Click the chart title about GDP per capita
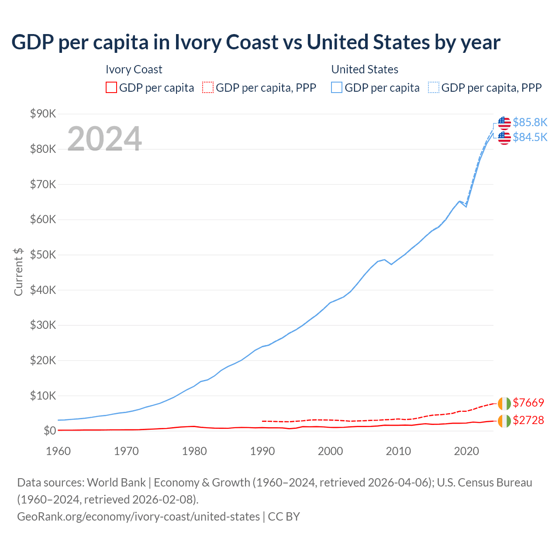pos(256,42)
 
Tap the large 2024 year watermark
pos(104,139)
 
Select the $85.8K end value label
pos(530,122)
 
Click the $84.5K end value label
pos(530,137)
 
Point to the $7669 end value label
pos(528,403)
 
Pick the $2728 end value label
pos(528,420)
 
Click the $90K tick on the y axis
pos(43,114)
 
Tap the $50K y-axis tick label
pos(43,255)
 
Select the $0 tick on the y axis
pos(49,431)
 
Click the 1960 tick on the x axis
pos(58,451)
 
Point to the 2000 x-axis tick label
pos(330,451)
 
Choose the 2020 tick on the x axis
pos(466,451)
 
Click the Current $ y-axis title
pos(18,272)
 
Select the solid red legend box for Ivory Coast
pos(111,88)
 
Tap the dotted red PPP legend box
pos(208,88)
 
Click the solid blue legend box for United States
pos(337,88)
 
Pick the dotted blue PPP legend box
pos(434,88)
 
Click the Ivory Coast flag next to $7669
pos(504,403)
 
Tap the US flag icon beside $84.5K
pos(504,138)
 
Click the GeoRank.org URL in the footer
pos(138,517)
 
